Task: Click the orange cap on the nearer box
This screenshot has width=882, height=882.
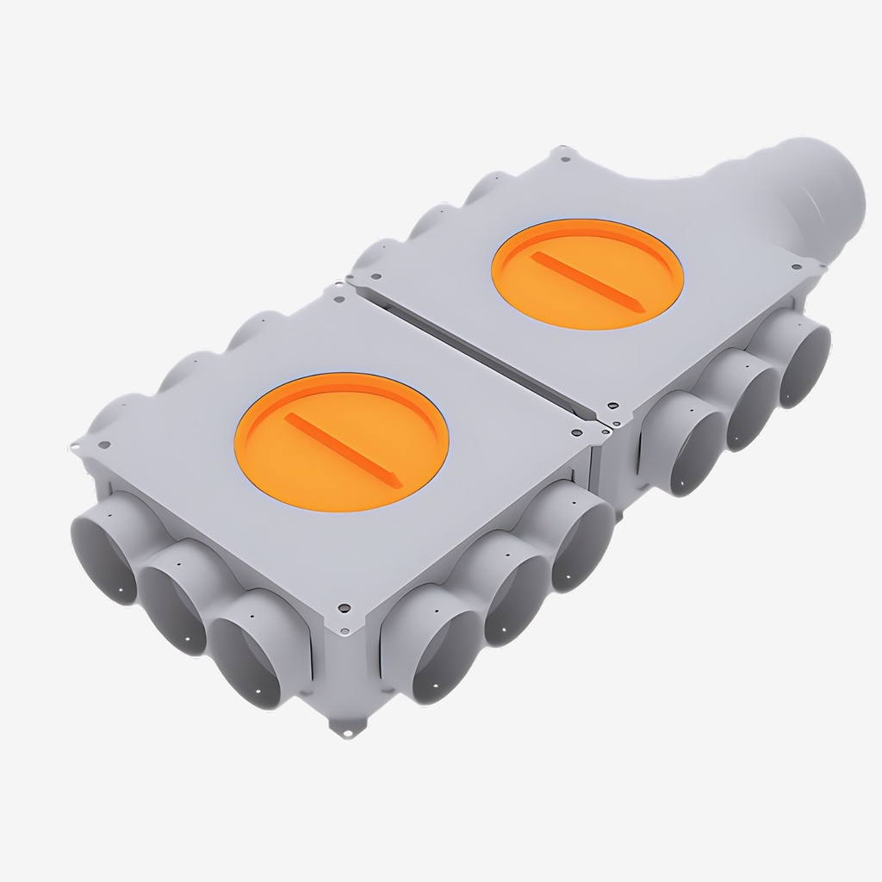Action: [x=341, y=441]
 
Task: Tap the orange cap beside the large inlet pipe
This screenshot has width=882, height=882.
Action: [x=587, y=273]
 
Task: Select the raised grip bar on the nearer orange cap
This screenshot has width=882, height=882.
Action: [x=343, y=449]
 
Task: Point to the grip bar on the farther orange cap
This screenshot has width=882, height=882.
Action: [x=585, y=281]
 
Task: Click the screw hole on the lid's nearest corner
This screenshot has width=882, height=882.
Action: [x=344, y=607]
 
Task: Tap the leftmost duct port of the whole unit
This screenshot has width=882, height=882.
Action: [x=103, y=549]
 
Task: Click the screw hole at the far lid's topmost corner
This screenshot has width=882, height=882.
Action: [x=565, y=158]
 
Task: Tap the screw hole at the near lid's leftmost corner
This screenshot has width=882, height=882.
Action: [x=104, y=445]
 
